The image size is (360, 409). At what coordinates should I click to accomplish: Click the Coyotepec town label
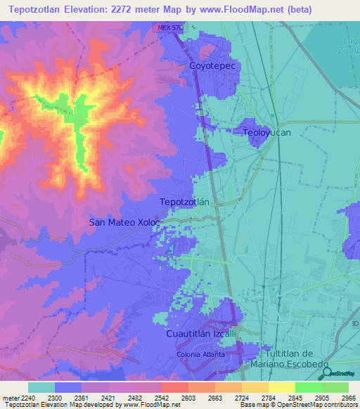(216, 65)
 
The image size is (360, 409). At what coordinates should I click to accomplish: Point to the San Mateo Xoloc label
(124, 221)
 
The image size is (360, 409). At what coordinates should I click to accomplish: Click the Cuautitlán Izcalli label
(201, 333)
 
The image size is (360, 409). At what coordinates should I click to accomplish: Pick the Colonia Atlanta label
(200, 354)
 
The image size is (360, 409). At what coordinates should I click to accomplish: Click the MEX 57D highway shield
(169, 27)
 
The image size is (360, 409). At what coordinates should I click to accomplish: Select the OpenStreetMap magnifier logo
(325, 372)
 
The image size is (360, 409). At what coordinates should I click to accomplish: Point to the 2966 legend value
(347, 397)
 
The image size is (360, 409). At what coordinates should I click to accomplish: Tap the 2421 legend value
(109, 397)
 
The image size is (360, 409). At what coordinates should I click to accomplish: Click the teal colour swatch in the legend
(41, 387)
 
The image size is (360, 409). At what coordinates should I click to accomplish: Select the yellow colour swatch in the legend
(282, 387)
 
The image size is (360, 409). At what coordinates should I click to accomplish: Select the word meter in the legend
(9, 397)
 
